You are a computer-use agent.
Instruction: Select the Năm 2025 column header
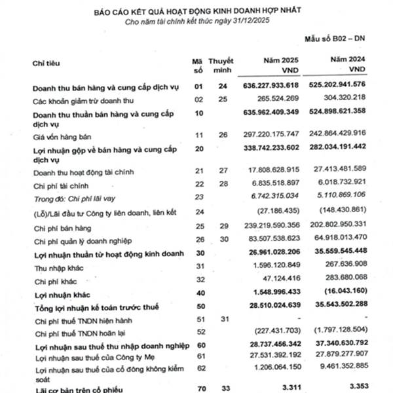pyautogui.click(x=283, y=64)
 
